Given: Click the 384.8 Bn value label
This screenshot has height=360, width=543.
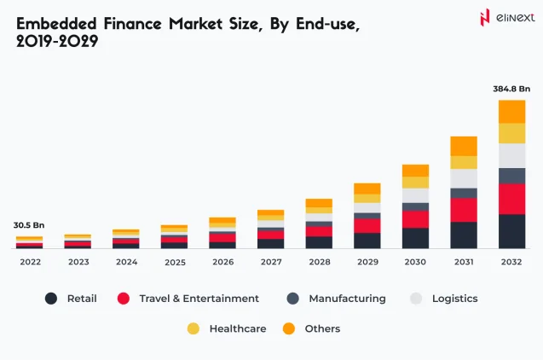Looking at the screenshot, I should [511, 88].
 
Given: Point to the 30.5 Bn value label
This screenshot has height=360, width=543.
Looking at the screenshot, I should [28, 225].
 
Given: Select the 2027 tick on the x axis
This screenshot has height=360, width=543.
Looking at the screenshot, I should [270, 262].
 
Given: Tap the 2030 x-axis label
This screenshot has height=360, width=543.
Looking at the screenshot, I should [415, 262].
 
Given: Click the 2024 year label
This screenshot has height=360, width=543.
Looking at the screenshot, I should [125, 262].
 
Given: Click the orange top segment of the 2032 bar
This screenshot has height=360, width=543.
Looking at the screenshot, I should [511, 111].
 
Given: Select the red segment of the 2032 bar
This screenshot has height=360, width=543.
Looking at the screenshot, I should [511, 199].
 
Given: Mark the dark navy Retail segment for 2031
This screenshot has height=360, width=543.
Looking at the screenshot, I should [464, 235].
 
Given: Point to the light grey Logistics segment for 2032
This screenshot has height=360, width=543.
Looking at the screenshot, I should [511, 155].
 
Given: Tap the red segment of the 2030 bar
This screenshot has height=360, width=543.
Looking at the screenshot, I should [415, 219].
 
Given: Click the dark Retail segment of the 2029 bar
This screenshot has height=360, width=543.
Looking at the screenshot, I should [367, 240].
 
